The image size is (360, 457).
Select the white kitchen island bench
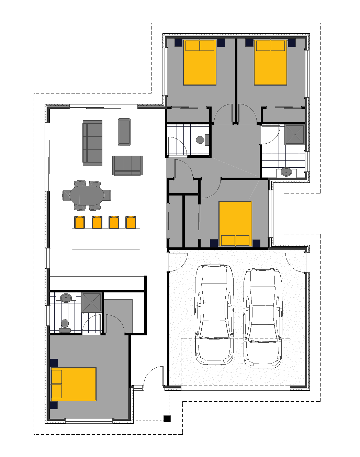pos(106,239)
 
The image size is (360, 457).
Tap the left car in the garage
pos(214,314)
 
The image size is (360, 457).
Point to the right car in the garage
pos(263,317)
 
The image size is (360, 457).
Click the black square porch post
pos(167,419)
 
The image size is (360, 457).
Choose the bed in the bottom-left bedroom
pos(74,384)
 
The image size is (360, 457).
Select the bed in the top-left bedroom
pos(200,63)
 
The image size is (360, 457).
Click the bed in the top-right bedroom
pos(270,63)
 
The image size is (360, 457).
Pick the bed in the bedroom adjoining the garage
pos(235,224)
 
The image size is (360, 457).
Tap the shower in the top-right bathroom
pos(295,135)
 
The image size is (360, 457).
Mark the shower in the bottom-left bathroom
pos(92,302)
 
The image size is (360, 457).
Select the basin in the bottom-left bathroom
pos(66,298)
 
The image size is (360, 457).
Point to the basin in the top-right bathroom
pos(286,172)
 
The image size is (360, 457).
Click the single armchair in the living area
pos(124,132)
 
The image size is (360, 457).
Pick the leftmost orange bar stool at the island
pos(79,222)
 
